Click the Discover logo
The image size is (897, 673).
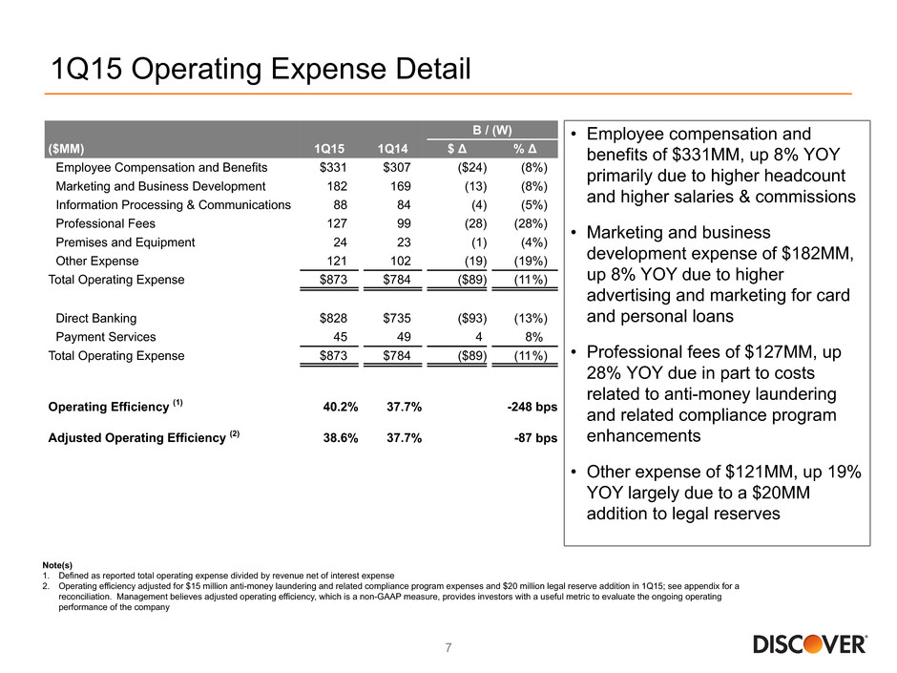click(809, 643)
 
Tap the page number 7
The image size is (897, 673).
click(448, 647)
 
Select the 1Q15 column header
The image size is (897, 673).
click(329, 149)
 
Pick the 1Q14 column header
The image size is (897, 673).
click(392, 149)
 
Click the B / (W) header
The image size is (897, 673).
click(492, 130)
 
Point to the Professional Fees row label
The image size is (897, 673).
click(105, 223)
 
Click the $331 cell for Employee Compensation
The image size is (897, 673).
click(333, 167)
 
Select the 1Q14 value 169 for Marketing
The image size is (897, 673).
click(401, 186)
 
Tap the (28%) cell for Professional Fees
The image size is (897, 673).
click(531, 223)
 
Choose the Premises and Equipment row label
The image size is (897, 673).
click(125, 242)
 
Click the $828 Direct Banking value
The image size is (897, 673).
click(333, 318)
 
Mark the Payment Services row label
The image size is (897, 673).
click(106, 336)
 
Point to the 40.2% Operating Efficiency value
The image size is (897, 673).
click(341, 407)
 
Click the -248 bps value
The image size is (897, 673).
click(532, 407)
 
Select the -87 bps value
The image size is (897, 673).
click(535, 438)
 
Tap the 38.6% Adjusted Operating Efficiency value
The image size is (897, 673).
click(341, 438)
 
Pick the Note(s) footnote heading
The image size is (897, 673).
click(57, 565)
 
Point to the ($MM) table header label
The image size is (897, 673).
click(67, 149)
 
